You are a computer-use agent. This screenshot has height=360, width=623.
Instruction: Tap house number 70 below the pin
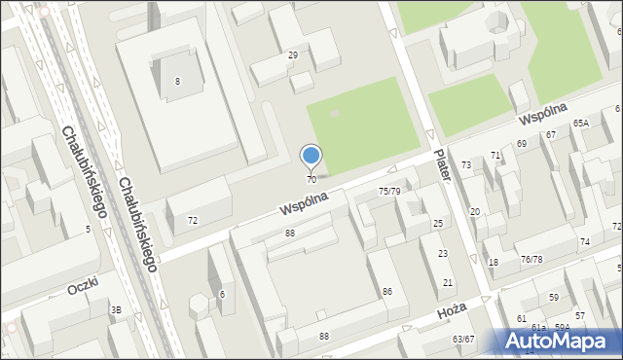311,180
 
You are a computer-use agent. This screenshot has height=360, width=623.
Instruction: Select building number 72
193,221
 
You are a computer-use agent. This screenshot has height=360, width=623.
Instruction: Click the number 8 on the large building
177,82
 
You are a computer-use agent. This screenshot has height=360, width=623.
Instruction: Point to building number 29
292,55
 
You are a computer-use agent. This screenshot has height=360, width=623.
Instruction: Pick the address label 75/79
389,192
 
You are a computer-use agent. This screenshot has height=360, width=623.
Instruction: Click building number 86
387,292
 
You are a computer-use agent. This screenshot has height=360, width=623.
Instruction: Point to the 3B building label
117,309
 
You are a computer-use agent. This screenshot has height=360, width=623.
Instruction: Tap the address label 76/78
531,259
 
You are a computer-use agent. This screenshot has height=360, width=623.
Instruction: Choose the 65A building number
581,124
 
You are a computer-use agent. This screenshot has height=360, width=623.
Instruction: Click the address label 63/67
462,340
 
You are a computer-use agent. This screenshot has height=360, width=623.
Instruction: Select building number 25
438,224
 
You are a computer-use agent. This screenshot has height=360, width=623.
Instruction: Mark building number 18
494,263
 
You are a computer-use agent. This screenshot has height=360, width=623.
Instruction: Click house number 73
466,165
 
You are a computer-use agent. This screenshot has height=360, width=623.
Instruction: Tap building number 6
222,295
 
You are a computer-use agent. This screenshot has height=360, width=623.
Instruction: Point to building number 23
443,254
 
